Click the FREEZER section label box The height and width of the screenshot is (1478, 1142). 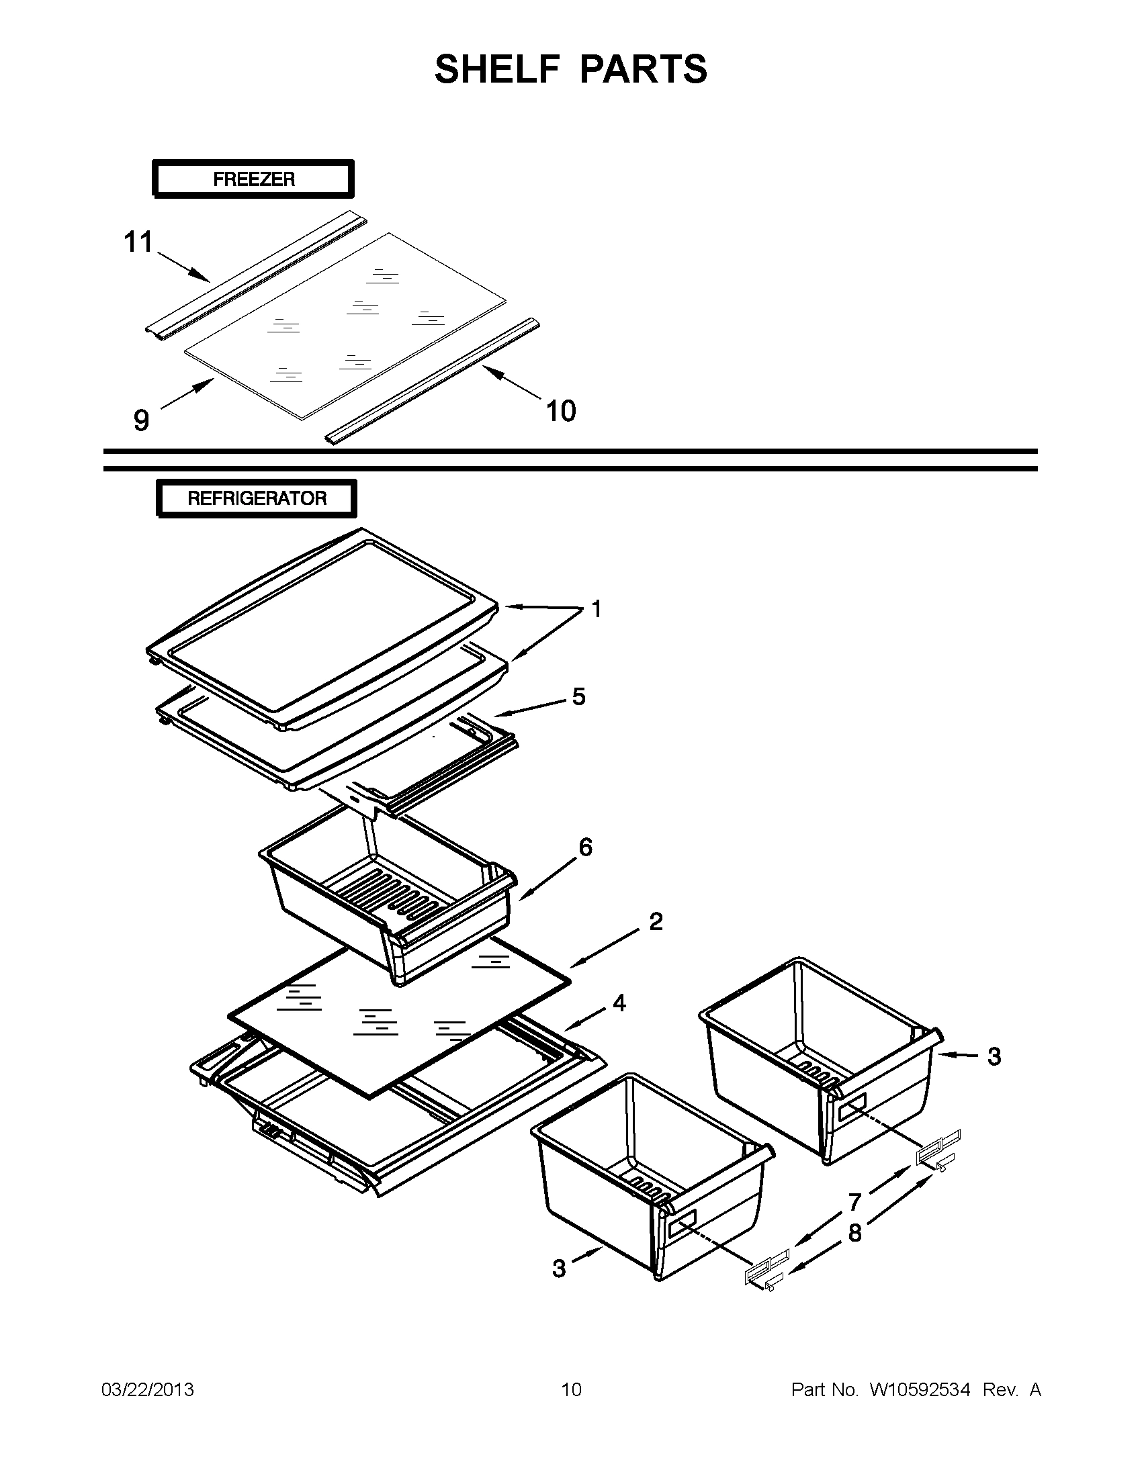click(253, 179)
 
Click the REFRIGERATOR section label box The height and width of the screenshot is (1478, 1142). click(257, 499)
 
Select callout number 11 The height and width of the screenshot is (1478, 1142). click(138, 242)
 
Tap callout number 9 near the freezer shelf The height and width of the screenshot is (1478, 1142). click(141, 420)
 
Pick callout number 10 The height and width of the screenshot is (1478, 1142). click(560, 411)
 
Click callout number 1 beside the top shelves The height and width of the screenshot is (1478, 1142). click(597, 609)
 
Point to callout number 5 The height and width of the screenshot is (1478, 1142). click(579, 696)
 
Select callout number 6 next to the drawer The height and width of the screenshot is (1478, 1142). click(586, 847)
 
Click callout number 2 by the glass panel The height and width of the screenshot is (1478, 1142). click(656, 921)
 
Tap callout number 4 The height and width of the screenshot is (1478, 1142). click(619, 1003)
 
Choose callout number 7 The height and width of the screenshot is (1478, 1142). click(855, 1203)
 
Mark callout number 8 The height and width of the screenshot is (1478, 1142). click(855, 1233)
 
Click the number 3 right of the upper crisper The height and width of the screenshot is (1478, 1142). click(994, 1056)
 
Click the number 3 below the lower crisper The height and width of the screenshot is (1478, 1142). click(558, 1268)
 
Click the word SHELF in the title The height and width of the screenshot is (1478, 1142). click(498, 69)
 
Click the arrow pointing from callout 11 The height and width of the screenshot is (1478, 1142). click(183, 266)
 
